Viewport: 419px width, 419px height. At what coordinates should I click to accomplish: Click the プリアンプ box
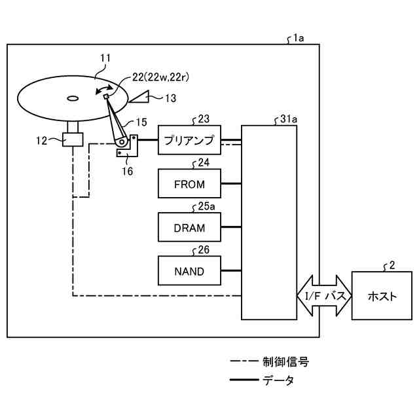pos(189,139)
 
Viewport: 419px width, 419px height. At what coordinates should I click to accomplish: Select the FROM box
pos(189,184)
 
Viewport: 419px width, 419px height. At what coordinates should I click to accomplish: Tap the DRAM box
pos(189,228)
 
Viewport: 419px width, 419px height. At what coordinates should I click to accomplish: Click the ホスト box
pos(382,296)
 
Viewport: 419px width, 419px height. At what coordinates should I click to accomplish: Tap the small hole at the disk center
pos(71,100)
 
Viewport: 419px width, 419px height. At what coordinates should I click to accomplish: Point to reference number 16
pos(127,172)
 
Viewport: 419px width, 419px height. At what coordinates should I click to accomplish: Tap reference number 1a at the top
pos(299,39)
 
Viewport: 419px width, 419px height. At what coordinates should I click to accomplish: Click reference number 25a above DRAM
pos(206,207)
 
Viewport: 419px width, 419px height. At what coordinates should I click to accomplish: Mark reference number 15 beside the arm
pos(141,122)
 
